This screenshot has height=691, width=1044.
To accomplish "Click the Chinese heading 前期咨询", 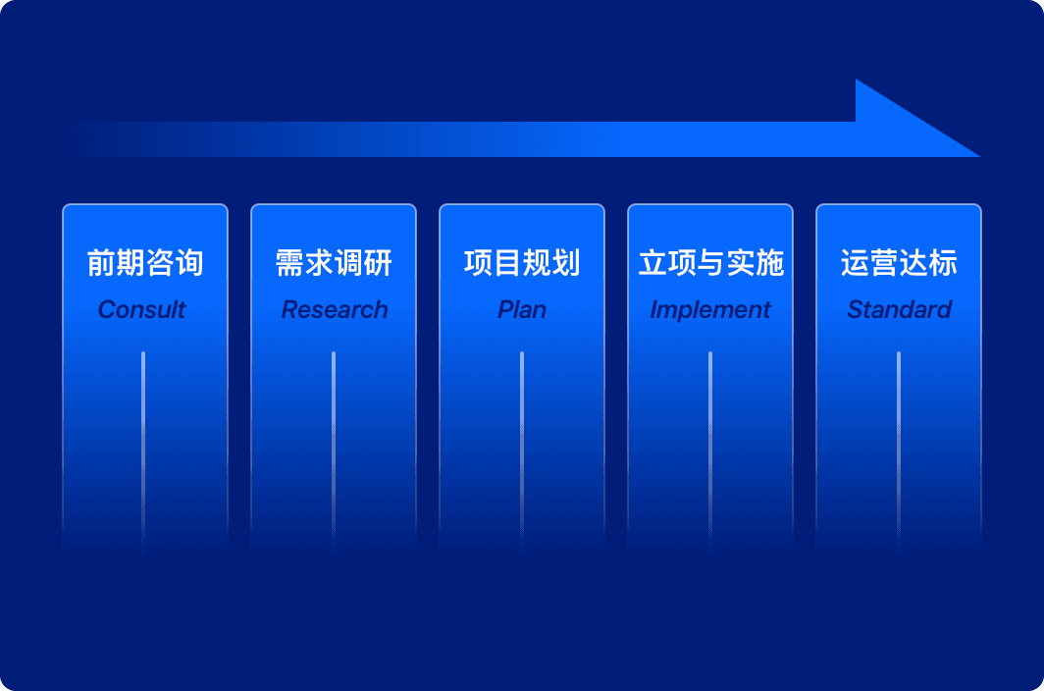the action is click(145, 262).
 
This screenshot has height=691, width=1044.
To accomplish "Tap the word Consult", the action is click(142, 309).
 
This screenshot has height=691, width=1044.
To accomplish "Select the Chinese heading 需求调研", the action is click(334, 262).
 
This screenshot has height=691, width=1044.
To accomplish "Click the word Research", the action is click(335, 309).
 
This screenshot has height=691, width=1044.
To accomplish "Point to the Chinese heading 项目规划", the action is click(522, 262).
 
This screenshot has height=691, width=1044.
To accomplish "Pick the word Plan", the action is click(522, 309).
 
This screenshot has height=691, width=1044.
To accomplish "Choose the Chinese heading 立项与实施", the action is click(710, 262).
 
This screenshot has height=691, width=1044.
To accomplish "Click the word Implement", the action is click(710, 310).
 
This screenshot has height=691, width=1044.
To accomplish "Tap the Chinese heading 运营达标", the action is click(899, 262).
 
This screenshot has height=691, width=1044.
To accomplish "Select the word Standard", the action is click(899, 309).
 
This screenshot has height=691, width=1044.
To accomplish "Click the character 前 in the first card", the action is click(101, 262).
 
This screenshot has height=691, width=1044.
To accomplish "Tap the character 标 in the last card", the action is click(943, 262).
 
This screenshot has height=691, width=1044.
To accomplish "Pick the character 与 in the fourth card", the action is click(710, 262).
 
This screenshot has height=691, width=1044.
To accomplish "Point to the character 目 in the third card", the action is click(507, 262).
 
